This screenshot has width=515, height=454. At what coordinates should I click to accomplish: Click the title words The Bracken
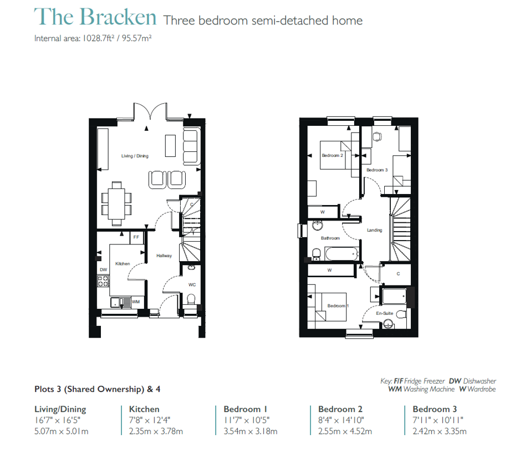coord(95,17)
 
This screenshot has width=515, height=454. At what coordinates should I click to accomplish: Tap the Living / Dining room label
coord(135,156)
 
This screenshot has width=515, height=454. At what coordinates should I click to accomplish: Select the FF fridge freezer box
coord(136,237)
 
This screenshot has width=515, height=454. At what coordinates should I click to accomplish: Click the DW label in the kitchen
coord(104,270)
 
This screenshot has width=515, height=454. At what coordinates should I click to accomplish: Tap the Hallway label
coord(164,256)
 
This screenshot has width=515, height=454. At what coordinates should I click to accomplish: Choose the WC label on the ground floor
coord(192,284)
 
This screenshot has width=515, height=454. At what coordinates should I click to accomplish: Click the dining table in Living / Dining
coord(116,204)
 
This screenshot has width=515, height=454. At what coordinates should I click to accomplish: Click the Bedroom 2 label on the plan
coord(333,155)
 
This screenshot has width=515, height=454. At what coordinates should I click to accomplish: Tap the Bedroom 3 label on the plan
coord(377,170)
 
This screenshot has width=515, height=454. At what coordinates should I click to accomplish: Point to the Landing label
coord(374,230)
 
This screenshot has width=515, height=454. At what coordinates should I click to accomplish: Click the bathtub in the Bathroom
coord(341,254)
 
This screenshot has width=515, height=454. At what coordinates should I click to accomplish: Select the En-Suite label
coord(385,313)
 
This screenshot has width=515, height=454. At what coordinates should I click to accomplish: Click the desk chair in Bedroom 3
coord(378,136)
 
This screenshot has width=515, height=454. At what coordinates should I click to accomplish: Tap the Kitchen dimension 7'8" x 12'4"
coord(150,420)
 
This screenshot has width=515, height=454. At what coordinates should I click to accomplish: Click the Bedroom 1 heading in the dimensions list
coord(246,409)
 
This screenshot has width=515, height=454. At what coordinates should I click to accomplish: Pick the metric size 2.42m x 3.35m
coord(440,431)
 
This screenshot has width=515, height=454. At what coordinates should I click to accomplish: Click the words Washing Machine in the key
coord(429,389)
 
